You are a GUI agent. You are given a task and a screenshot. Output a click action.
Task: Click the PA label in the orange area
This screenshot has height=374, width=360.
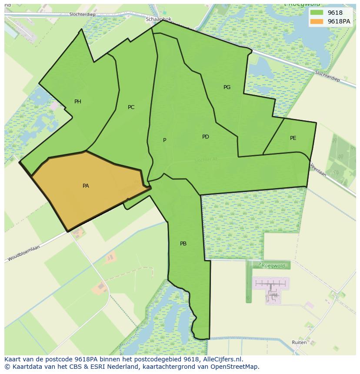coord(86,186)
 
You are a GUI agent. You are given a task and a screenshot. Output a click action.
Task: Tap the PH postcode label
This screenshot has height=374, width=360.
coord(78,102)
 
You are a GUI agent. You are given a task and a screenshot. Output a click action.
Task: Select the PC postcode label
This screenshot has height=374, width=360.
coord(131,107)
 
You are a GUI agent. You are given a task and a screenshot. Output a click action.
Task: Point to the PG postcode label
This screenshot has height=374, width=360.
coord(227,87)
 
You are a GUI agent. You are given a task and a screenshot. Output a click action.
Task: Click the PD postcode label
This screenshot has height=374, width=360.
coord(206,137)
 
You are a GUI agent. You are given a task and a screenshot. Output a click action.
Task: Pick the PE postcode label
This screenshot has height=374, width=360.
coord(293,138)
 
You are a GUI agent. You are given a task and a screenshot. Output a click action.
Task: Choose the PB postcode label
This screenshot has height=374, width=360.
coord(183,244)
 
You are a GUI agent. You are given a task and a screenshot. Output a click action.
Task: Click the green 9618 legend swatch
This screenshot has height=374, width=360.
coord(317,13)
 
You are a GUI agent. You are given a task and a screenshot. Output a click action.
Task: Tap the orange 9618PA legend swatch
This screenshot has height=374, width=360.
coord(317,21)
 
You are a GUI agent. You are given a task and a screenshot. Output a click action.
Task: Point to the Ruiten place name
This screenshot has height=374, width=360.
coord(299,342)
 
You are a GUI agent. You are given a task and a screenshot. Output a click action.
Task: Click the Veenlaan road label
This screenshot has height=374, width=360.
coord(318,169)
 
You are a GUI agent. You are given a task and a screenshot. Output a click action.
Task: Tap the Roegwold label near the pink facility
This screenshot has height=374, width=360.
coord(273,265)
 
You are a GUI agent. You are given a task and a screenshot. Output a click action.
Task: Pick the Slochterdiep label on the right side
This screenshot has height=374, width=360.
coord(327,76)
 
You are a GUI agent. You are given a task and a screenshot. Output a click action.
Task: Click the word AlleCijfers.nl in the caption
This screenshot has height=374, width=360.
coord(221,359)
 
